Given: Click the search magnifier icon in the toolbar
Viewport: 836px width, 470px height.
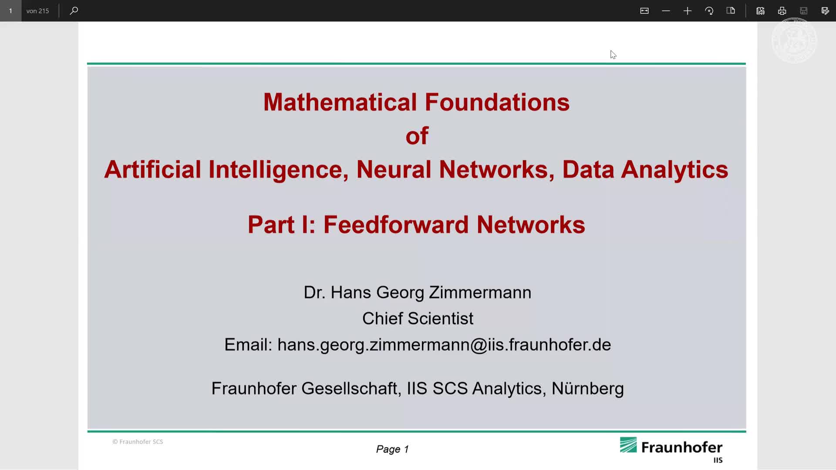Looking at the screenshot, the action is [74, 10].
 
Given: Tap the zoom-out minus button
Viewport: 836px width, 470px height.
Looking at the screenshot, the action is [666, 11].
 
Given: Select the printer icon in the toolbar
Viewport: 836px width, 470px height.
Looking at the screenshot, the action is [782, 11].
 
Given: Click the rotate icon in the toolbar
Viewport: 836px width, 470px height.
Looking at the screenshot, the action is [709, 11].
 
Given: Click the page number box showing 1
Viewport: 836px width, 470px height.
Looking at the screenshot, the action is [10, 11].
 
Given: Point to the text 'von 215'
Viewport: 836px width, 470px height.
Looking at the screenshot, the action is [37, 11].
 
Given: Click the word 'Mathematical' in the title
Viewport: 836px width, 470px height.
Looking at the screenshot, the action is [340, 102].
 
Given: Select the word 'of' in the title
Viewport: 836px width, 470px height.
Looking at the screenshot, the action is [417, 136].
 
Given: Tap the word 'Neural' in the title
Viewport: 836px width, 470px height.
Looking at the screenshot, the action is [394, 169].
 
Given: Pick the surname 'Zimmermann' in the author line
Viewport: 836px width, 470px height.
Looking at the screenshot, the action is [480, 292].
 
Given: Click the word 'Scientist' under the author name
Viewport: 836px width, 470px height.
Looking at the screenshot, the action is [440, 319].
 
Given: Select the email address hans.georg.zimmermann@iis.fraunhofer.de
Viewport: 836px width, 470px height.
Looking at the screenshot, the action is [444, 345].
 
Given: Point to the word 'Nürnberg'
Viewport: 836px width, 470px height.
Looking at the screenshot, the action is [587, 388].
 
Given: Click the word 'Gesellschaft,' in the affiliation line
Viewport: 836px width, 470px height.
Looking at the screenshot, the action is [351, 388].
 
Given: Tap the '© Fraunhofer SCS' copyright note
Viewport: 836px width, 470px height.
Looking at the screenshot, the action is [138, 442].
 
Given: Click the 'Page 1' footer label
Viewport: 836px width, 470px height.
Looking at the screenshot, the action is [392, 449].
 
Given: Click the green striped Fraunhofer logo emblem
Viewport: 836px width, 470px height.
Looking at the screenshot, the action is [628, 445].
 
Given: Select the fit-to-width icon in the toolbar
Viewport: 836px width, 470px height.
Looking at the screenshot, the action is [644, 11].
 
